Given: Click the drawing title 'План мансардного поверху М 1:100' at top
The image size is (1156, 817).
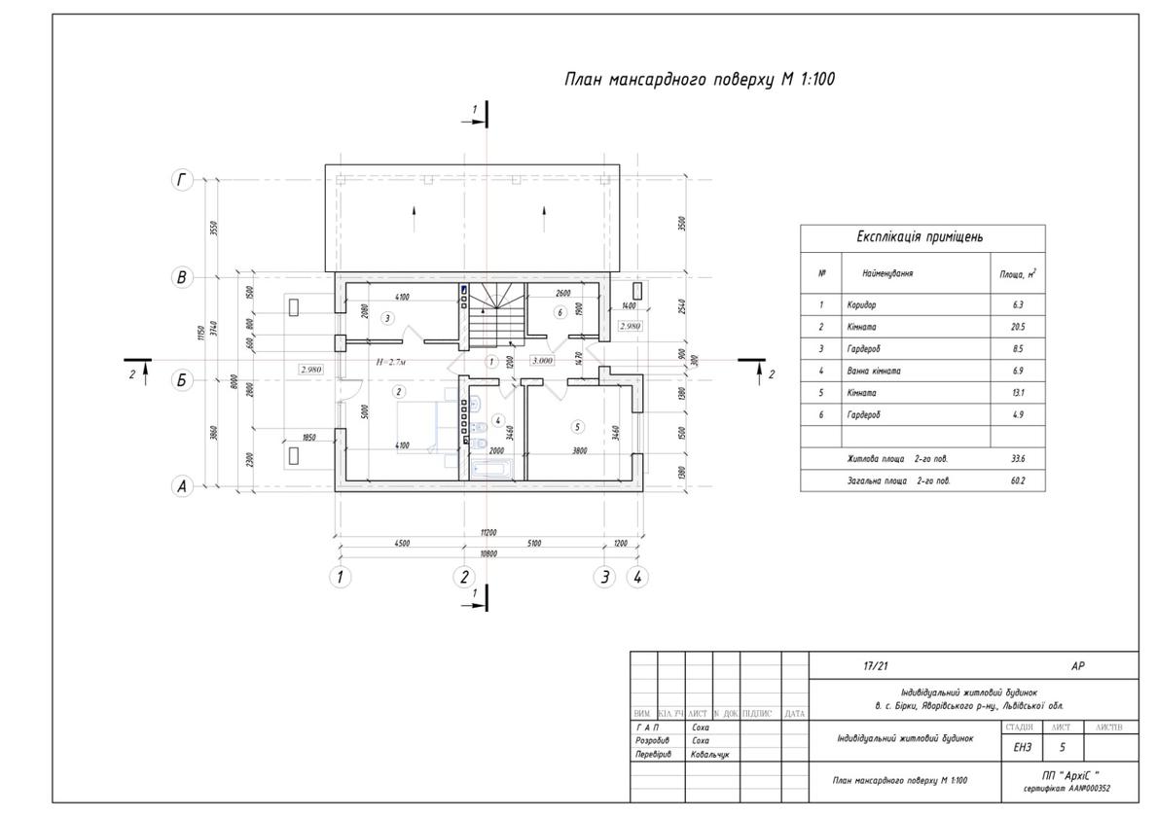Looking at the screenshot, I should tap(699, 80).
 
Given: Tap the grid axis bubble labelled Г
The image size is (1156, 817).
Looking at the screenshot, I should tap(182, 179).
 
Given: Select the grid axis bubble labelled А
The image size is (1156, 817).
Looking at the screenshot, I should tap(182, 487).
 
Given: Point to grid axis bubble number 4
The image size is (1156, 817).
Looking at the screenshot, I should tap(637, 577).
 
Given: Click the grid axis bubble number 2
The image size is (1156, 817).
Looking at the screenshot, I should tap(464, 577).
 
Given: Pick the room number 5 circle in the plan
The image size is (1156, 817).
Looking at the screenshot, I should tap(577, 426).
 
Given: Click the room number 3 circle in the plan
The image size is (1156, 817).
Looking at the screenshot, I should tap(386, 318).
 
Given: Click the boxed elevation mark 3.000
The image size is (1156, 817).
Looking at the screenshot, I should tap(542, 360).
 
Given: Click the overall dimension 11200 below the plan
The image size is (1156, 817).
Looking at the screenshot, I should tap(488, 533).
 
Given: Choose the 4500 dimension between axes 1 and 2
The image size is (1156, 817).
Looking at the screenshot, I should tap(401, 544).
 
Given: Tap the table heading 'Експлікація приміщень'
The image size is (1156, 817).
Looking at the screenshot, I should tap(920, 237).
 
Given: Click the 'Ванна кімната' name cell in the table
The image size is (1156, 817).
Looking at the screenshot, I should tap(874, 371).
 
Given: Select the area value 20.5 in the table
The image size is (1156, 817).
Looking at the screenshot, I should tap(1017, 327).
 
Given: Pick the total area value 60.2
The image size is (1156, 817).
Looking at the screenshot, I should tap(1017, 480).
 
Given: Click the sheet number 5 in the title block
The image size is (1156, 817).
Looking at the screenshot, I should tap(1062, 747).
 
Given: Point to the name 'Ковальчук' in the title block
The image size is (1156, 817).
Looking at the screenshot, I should tap(710, 754).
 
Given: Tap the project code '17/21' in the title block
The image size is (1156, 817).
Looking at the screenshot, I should tap(876, 666).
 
